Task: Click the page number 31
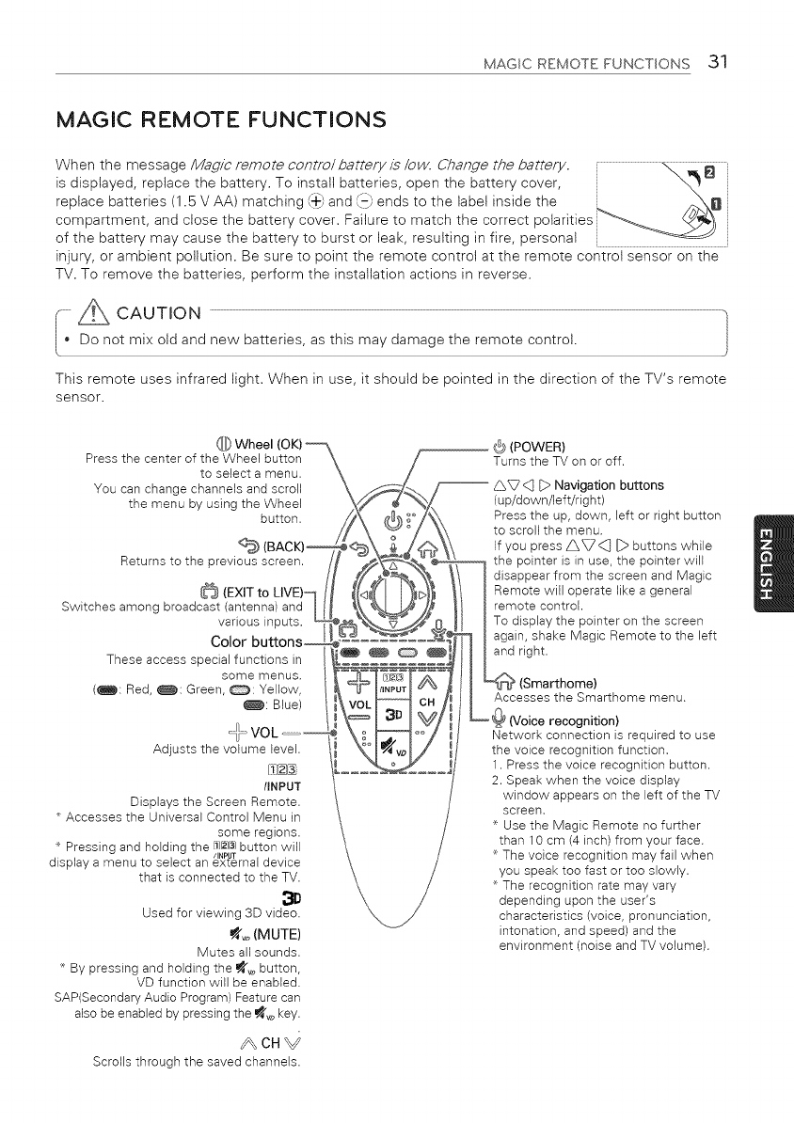719,63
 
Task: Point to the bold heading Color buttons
256,642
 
